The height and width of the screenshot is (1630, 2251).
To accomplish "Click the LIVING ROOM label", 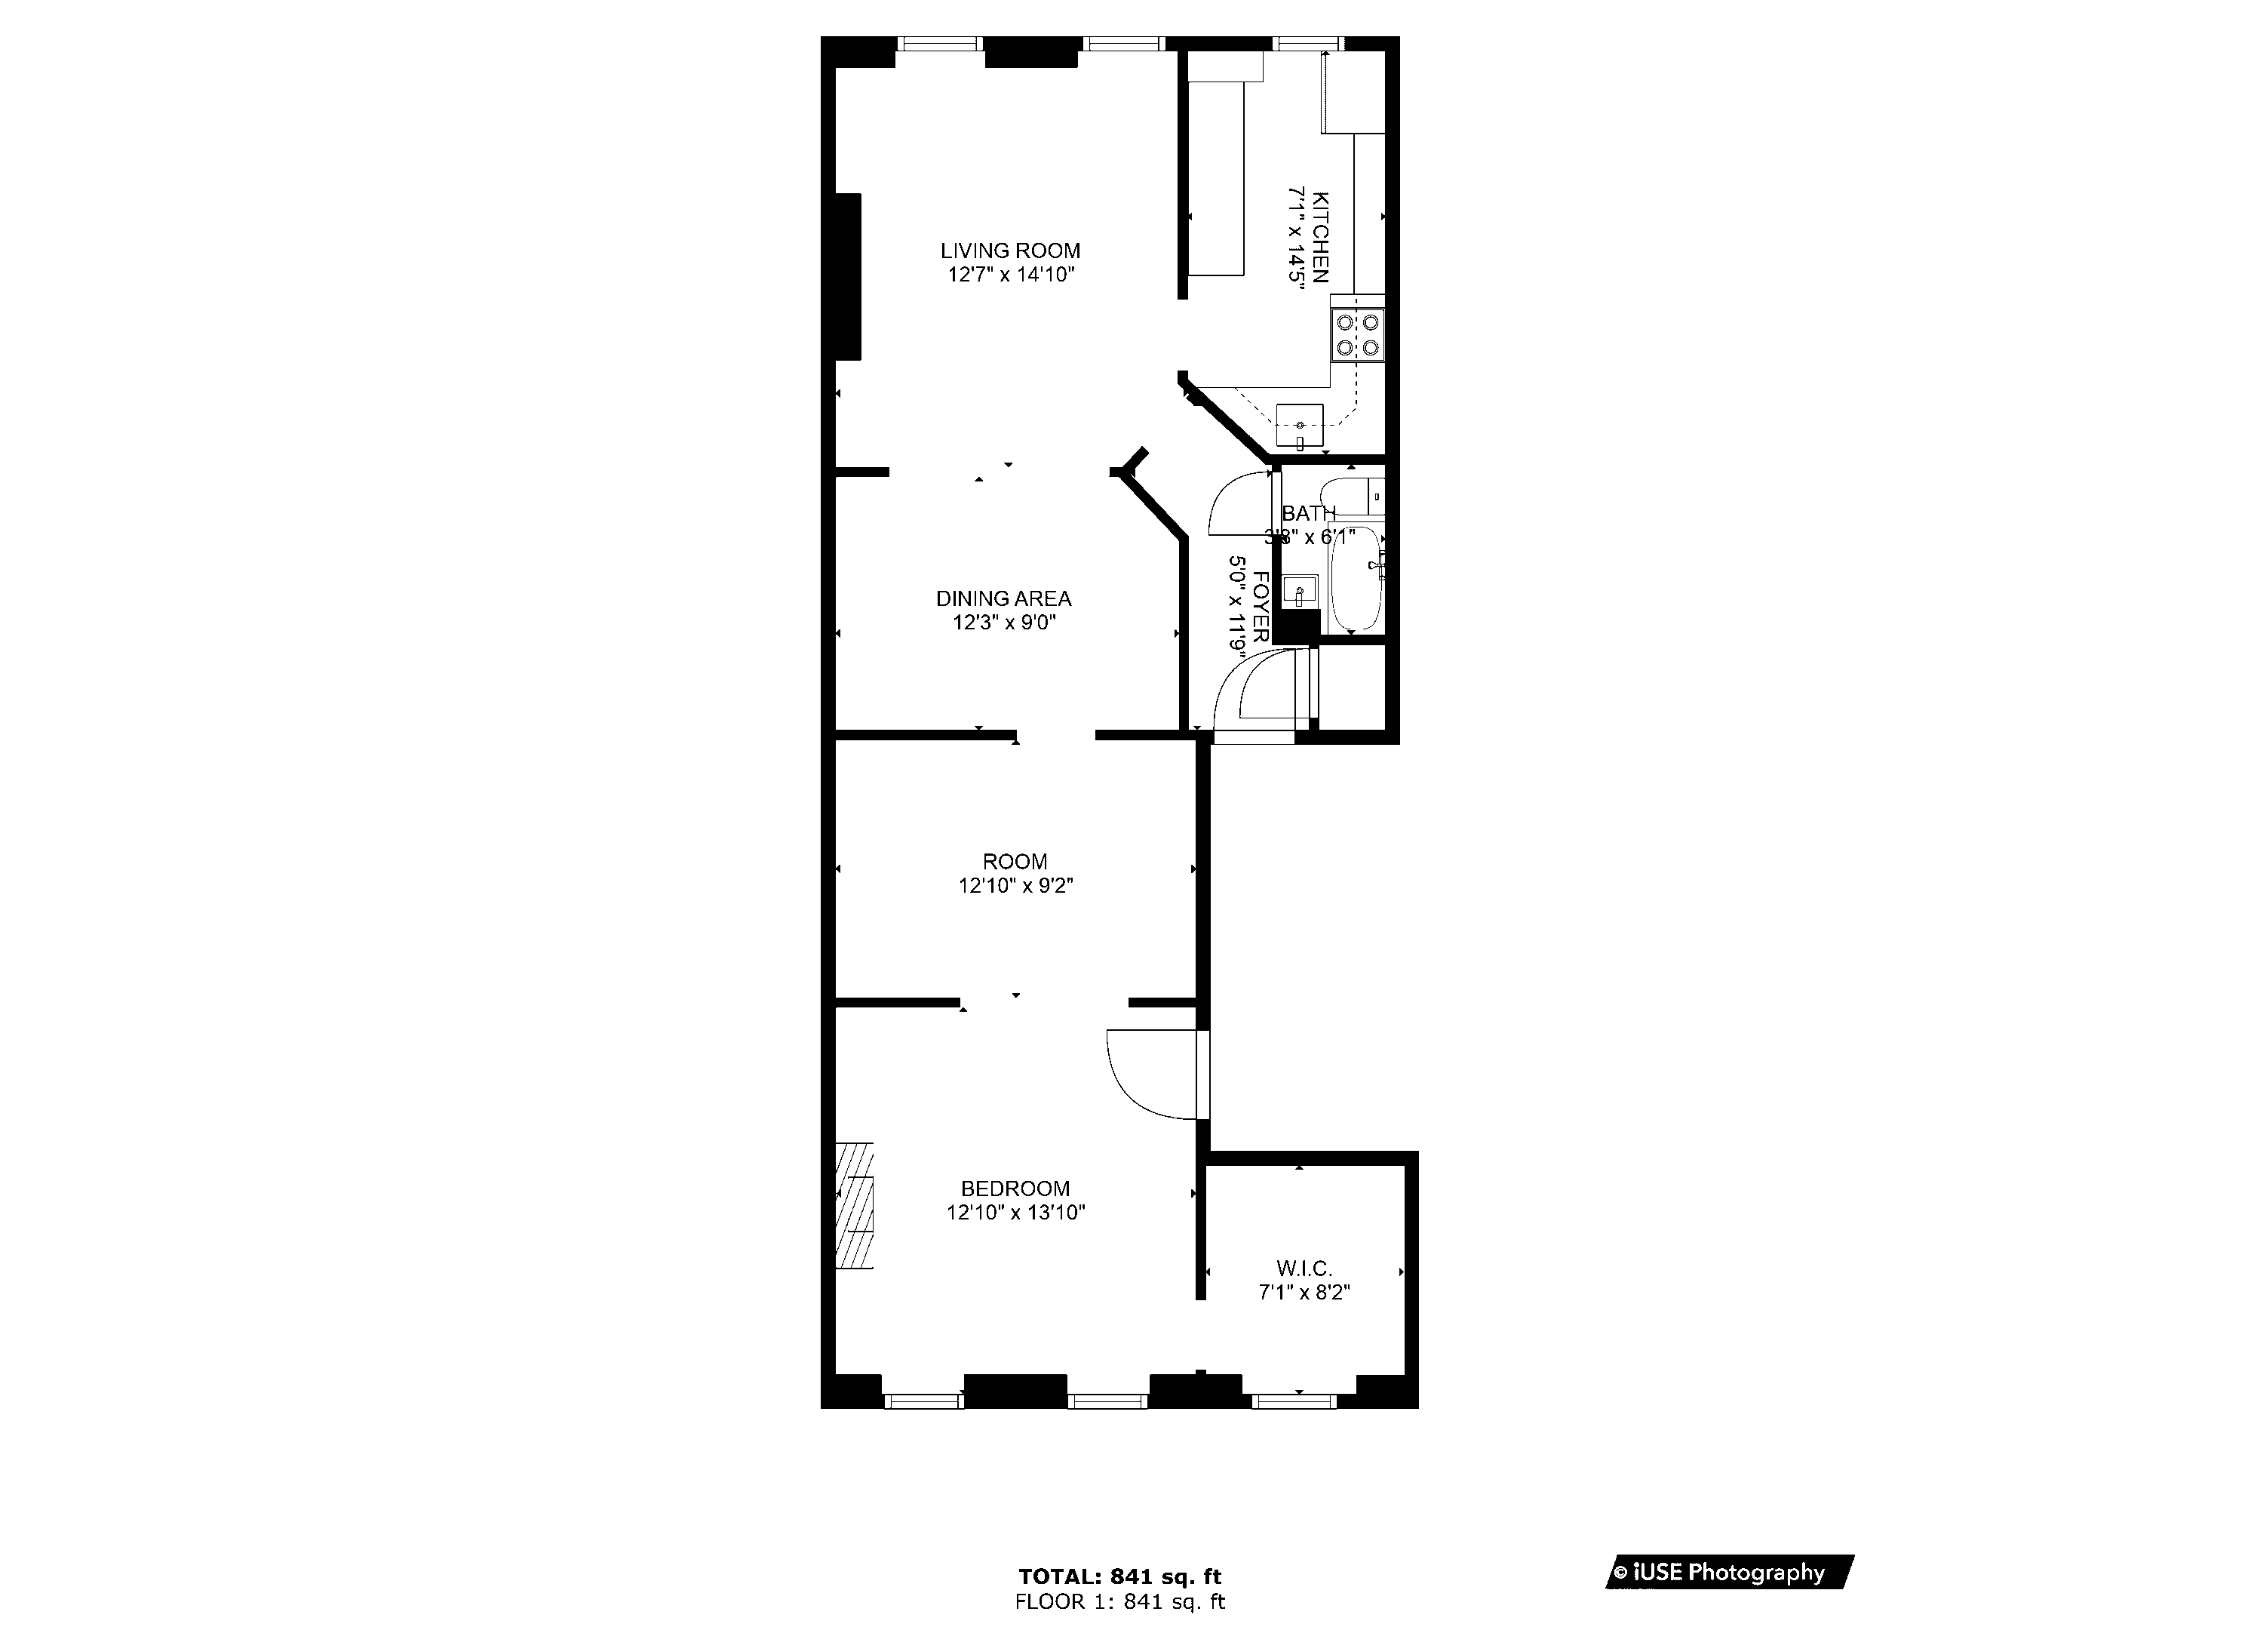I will pyautogui.click(x=1010, y=251).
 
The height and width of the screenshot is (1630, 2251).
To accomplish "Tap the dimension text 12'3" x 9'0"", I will pyautogui.click(x=1003, y=623).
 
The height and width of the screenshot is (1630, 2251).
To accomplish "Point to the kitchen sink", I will pyautogui.click(x=1299, y=428).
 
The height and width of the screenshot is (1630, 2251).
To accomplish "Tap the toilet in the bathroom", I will pyautogui.click(x=1351, y=495).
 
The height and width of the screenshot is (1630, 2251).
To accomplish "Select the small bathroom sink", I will pyautogui.click(x=1299, y=592).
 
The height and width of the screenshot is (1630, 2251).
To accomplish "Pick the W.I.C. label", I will pyautogui.click(x=1304, y=1268).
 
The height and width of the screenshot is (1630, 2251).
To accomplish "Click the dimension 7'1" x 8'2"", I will pyautogui.click(x=1304, y=1293).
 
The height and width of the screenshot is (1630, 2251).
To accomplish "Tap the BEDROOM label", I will pyautogui.click(x=1015, y=1189).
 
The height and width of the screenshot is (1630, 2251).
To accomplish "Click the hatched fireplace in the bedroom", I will pyautogui.click(x=853, y=1205).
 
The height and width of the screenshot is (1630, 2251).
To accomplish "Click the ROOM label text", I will pyautogui.click(x=1015, y=862).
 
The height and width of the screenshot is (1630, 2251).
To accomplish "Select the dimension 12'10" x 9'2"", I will pyautogui.click(x=1015, y=885).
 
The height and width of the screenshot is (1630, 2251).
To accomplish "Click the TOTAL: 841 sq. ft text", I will pyautogui.click(x=1119, y=1576).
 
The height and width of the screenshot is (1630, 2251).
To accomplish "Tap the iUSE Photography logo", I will pyautogui.click(x=1729, y=1573).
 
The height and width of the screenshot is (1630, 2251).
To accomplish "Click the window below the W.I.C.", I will pyautogui.click(x=1293, y=1401).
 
